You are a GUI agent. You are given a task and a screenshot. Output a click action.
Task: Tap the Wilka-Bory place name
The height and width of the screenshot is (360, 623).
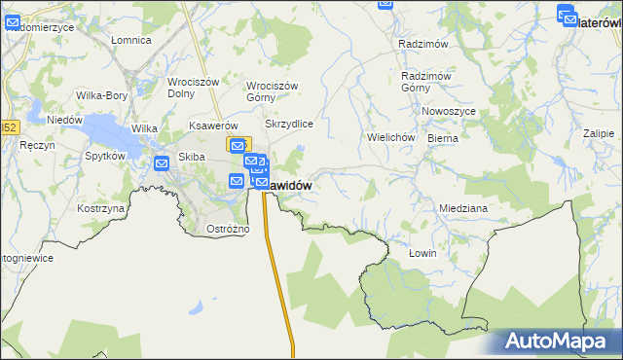(x=102, y=96)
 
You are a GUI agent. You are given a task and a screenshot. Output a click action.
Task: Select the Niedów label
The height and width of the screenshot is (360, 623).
(x=64, y=120)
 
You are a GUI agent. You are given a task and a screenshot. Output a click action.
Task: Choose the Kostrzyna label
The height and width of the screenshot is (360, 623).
(x=100, y=209)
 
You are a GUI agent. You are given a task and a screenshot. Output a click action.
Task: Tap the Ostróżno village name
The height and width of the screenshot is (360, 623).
(x=229, y=229)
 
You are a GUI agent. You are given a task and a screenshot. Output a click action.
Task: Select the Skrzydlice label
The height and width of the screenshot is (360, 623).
(x=288, y=125)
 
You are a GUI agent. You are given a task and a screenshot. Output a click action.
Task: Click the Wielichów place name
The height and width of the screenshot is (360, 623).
(x=391, y=137)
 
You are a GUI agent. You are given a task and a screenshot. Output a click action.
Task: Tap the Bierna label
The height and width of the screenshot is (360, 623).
(x=443, y=138)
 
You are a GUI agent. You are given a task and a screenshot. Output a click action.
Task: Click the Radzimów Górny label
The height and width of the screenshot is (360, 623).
(x=424, y=82)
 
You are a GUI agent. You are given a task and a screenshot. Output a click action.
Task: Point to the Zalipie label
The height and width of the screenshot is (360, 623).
(x=599, y=133)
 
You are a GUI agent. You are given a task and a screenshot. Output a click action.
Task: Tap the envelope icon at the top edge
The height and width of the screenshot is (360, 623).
(x=385, y=4)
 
